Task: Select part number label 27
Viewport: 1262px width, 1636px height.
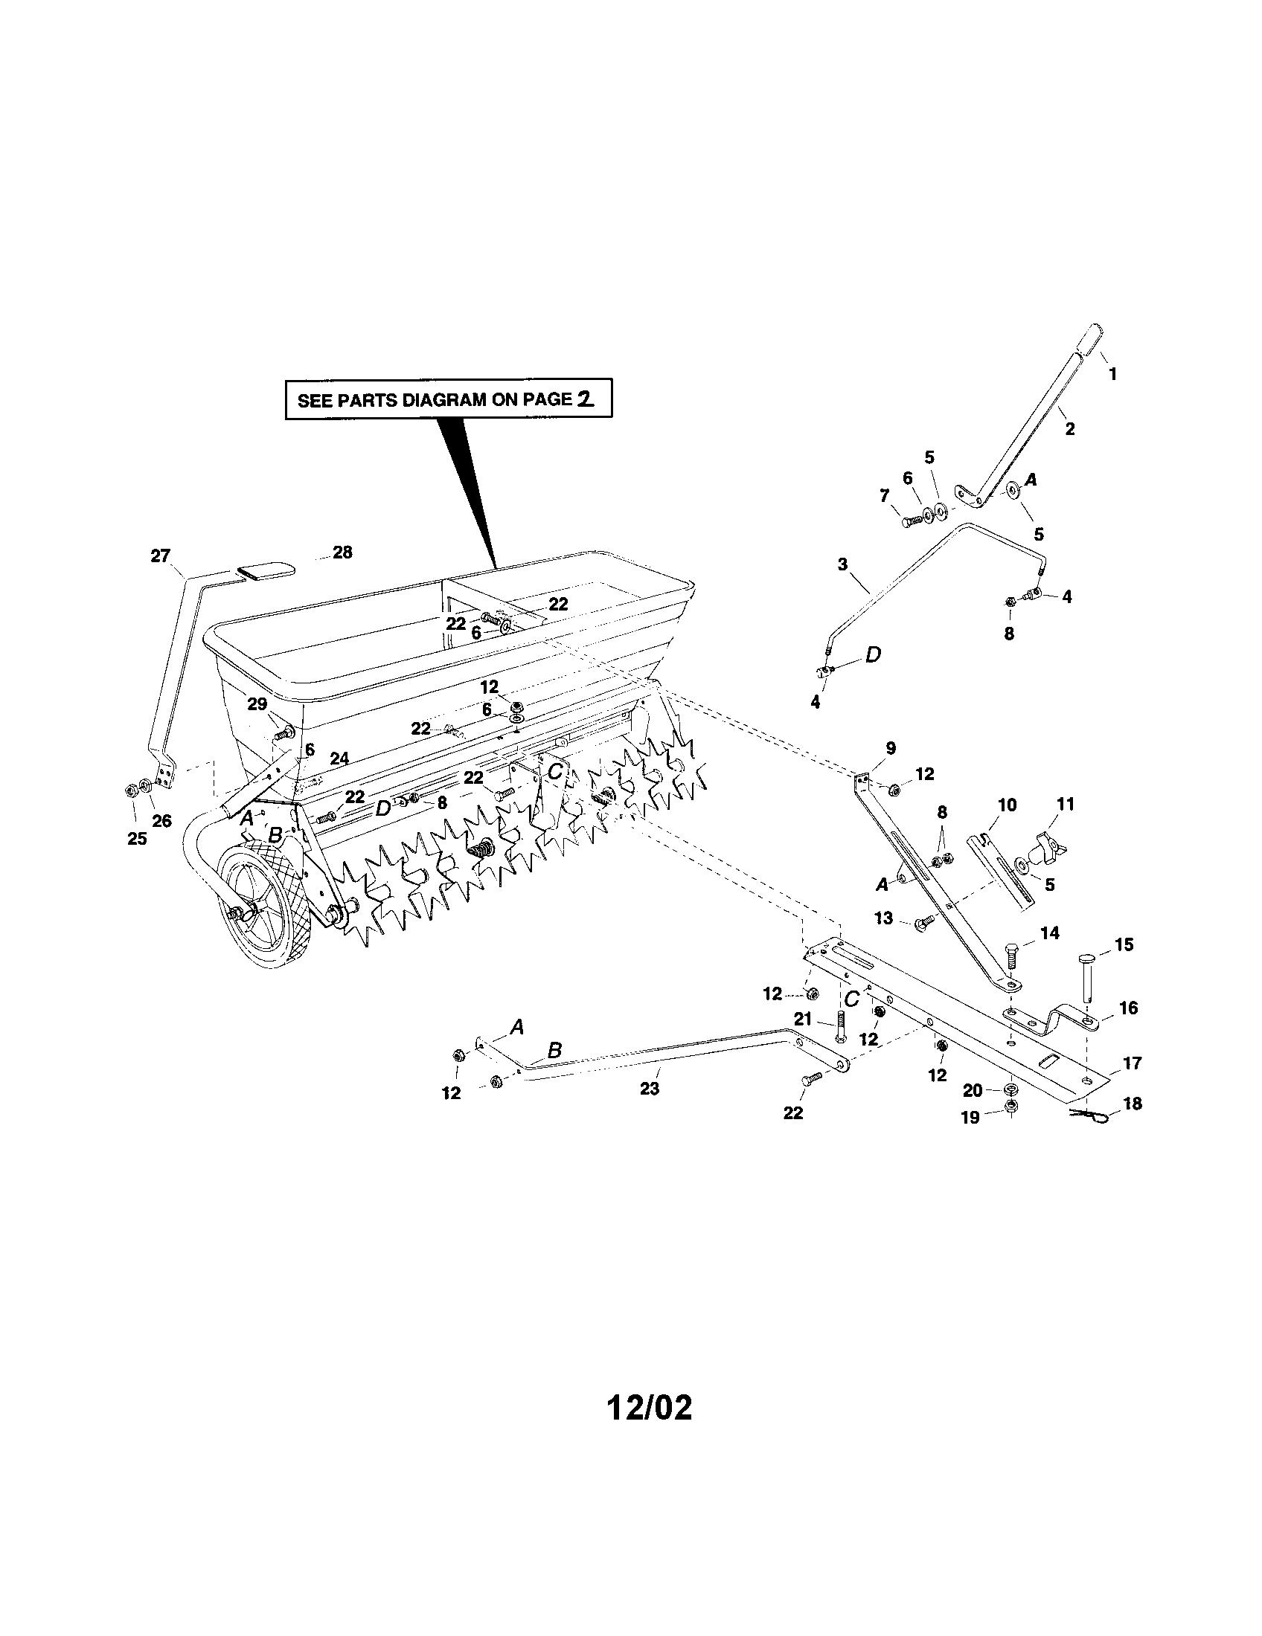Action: click(161, 555)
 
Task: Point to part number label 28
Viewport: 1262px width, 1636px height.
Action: click(342, 553)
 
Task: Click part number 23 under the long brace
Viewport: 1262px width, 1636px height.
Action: click(649, 1089)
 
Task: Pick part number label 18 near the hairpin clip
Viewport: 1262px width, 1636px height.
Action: click(1133, 1104)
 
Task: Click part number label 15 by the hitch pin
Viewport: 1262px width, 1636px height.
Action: click(1124, 944)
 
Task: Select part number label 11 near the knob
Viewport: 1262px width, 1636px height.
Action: click(1065, 804)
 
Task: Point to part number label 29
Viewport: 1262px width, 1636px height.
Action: click(257, 704)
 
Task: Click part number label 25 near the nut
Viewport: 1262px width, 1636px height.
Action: click(136, 838)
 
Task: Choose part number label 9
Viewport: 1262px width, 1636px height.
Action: click(890, 747)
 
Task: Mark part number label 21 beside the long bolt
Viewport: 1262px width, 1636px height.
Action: click(803, 1019)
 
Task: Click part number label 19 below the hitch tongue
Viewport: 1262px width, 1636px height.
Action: click(970, 1118)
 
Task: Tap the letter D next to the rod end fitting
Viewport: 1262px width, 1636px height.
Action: click(873, 654)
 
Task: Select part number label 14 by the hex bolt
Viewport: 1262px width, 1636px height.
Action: click(1050, 933)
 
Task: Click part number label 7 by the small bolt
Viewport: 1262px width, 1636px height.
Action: click(884, 495)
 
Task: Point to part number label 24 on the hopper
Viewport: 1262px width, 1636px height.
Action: click(339, 759)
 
